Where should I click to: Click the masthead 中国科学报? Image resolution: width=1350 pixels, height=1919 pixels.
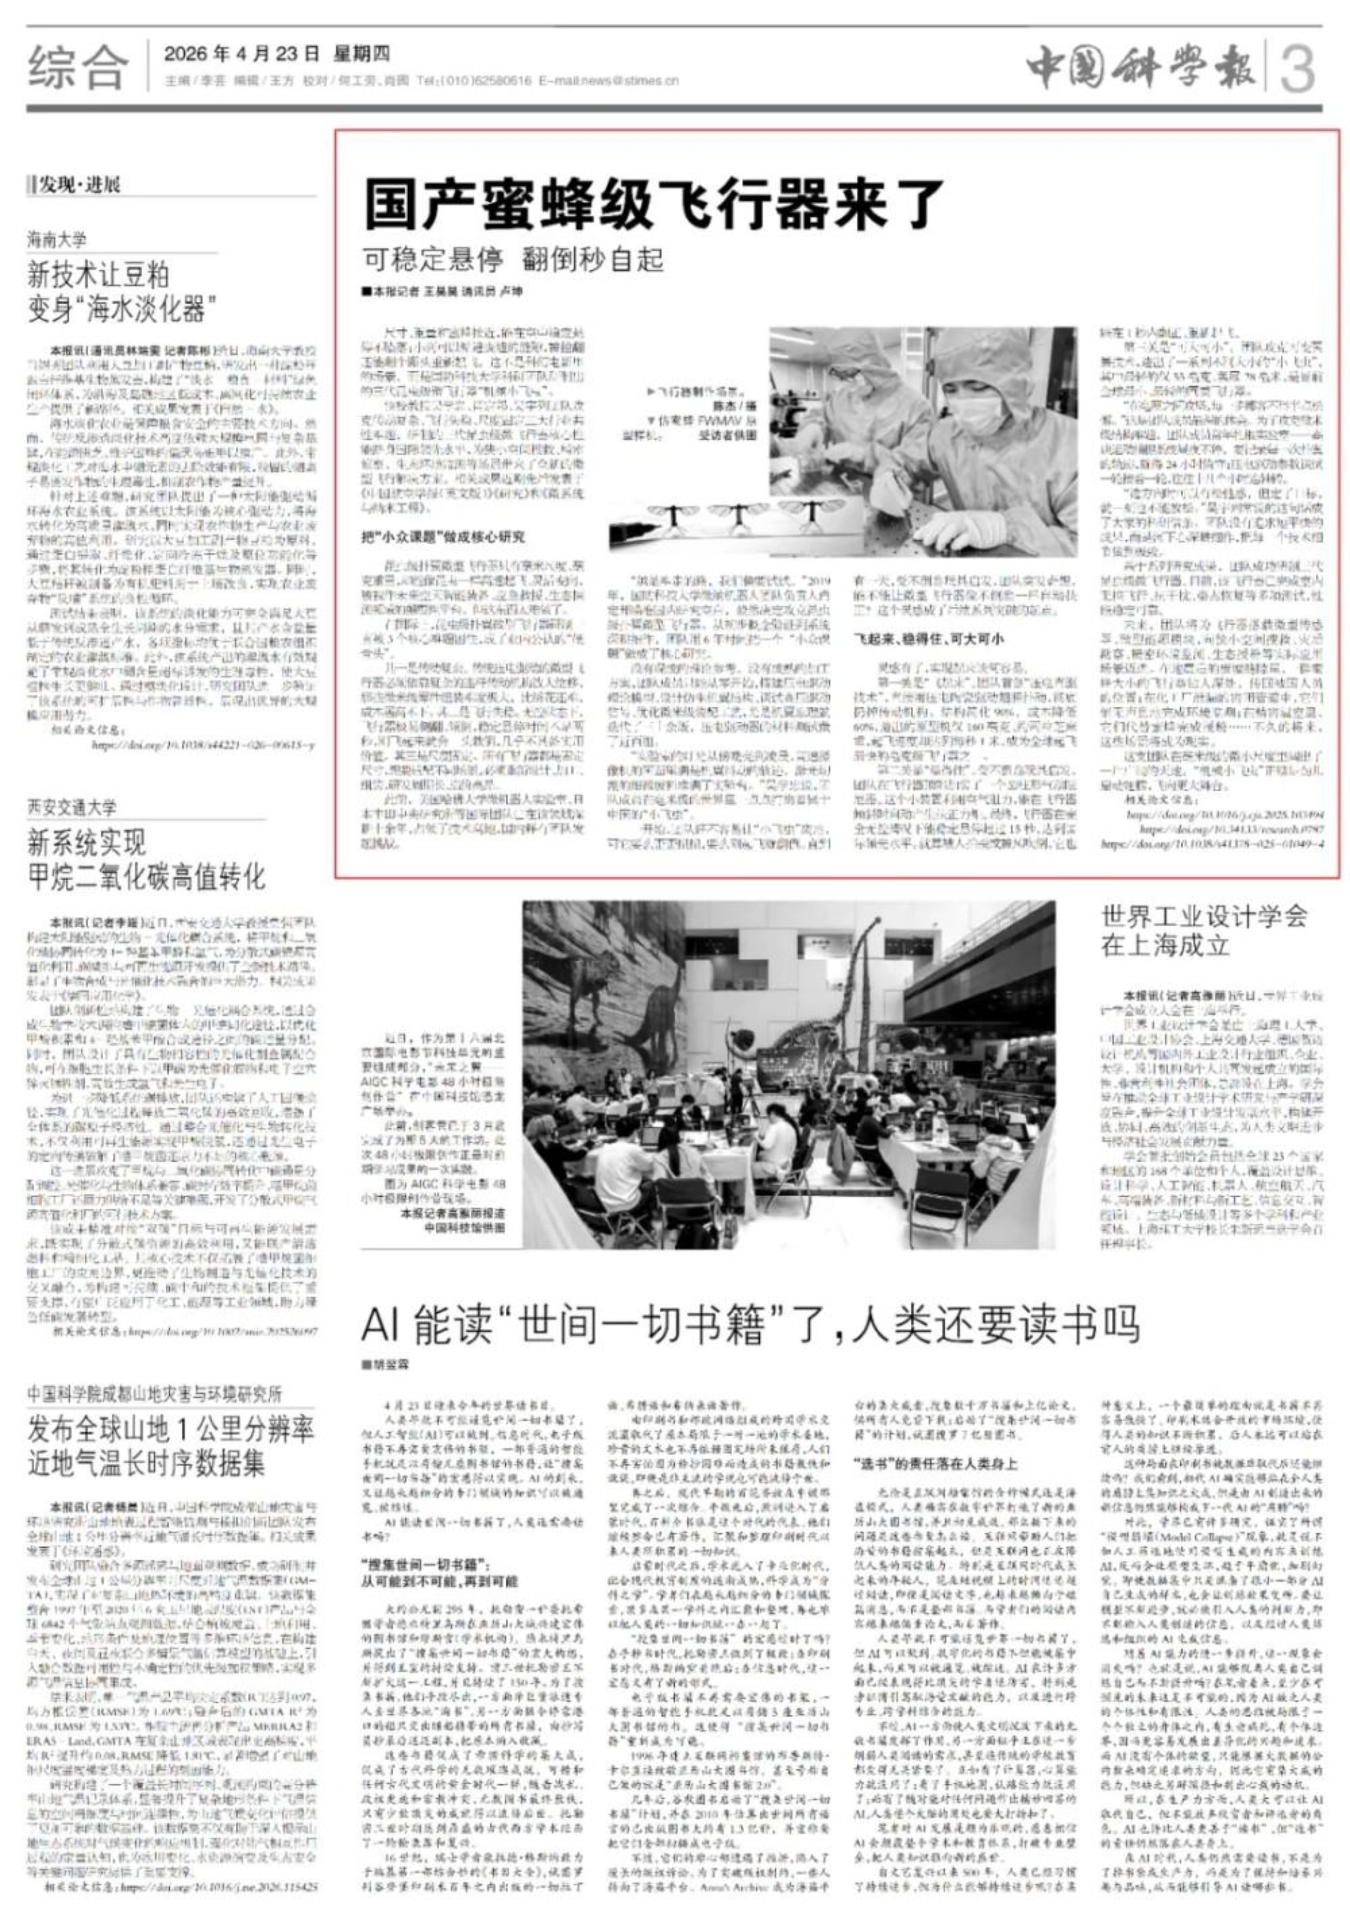click(1141, 67)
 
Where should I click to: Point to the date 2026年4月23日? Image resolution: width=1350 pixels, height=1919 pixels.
click(242, 55)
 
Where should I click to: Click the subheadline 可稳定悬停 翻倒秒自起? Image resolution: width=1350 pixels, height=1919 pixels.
click(512, 260)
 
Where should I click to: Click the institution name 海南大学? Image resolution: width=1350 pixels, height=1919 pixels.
click(57, 240)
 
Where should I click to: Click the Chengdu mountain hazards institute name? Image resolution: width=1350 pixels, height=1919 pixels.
click(154, 1394)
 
